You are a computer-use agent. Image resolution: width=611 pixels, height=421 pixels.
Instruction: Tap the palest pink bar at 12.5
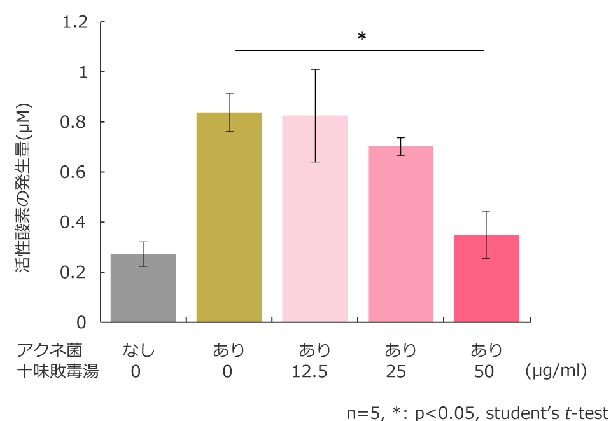pyautogui.click(x=315, y=219)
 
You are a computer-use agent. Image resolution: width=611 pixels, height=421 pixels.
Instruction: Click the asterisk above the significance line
pyautogui.click(x=362, y=38)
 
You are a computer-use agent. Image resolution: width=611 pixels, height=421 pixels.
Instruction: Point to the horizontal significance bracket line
pyautogui.click(x=360, y=50)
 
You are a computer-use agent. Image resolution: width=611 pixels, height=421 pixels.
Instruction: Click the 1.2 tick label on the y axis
pyautogui.click(x=75, y=22)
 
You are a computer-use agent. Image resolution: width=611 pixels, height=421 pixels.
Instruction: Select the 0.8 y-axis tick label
pyautogui.click(x=75, y=122)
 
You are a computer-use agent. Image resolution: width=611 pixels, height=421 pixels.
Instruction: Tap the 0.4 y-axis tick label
pyautogui.click(x=75, y=223)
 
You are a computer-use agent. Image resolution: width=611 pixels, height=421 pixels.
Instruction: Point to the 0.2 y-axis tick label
pyautogui.click(x=75, y=273)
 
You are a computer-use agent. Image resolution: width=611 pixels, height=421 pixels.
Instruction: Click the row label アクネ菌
pyautogui.click(x=50, y=350)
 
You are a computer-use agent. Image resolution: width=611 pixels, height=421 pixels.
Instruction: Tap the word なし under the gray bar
pyautogui.click(x=139, y=350)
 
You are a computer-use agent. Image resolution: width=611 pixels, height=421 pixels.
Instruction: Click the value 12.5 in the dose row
pyautogui.click(x=310, y=371)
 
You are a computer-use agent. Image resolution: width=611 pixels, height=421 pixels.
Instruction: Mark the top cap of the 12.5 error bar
pyautogui.click(x=315, y=69)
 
